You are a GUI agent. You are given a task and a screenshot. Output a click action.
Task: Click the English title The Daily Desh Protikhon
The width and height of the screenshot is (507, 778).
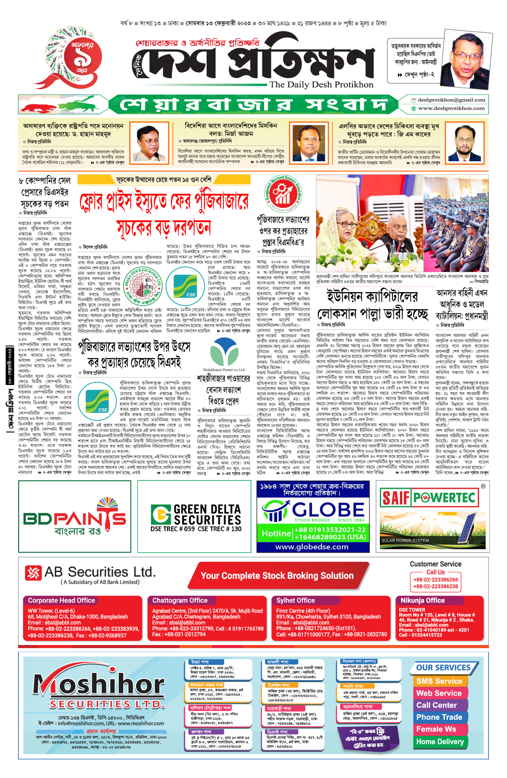pos(321,84)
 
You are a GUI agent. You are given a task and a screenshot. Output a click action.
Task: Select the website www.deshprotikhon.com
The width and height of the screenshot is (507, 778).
pos(451,108)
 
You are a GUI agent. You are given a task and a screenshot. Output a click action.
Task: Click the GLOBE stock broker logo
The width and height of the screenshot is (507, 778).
pos(313,511)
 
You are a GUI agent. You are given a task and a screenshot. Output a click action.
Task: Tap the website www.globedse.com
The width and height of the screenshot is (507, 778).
pos(312,547)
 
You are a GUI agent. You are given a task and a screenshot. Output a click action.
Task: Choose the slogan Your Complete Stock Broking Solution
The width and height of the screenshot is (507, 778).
pos(277,576)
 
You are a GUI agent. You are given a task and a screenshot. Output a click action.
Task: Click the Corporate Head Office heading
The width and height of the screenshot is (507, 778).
pos(62,600)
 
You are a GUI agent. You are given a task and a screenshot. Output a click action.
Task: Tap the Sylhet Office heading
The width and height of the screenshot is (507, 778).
pos(295,600)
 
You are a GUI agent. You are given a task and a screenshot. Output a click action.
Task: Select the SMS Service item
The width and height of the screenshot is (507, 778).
pos(439,681)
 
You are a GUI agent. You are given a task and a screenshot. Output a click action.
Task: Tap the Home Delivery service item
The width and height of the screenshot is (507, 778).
pos(440,741)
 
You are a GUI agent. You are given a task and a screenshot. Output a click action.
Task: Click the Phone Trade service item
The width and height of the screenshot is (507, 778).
pos(439,717)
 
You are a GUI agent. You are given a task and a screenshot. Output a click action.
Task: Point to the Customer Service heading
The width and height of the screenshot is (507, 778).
pos(435,564)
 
